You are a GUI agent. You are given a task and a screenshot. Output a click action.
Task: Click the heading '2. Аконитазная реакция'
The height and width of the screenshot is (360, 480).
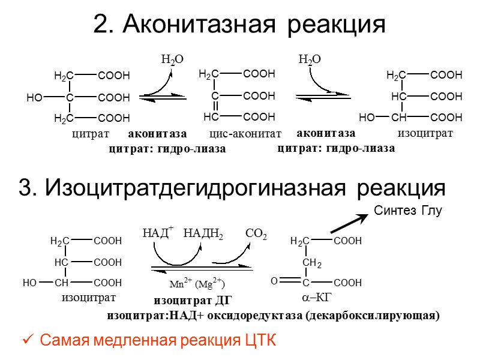click(239, 25)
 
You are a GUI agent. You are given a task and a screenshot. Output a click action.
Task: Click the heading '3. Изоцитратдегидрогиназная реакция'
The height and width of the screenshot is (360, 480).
click(232, 188)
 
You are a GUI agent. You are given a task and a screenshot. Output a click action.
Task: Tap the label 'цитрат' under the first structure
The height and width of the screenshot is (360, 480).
click(91, 134)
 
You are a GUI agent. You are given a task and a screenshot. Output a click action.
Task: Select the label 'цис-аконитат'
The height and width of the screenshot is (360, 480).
click(245, 134)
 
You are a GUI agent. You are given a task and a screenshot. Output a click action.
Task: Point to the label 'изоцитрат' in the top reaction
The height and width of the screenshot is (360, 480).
click(425, 133)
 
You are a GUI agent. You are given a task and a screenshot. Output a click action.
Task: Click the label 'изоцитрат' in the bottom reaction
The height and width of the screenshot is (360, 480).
click(88, 296)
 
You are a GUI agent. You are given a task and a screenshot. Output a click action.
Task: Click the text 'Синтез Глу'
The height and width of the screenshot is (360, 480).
click(408, 210)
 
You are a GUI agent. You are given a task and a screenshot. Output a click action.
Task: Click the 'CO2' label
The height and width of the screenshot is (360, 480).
click(256, 233)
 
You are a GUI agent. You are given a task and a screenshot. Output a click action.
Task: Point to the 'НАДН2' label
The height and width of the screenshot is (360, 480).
click(203, 233)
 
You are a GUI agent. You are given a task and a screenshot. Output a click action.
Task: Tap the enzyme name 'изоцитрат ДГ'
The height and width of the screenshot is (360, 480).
click(193, 301)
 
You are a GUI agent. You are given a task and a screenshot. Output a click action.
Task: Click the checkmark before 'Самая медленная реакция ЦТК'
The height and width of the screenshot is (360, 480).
click(28, 341)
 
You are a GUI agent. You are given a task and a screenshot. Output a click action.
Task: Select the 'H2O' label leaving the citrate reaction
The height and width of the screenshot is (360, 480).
click(172, 60)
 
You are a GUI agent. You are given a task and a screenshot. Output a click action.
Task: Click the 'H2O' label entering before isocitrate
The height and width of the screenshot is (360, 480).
click(310, 60)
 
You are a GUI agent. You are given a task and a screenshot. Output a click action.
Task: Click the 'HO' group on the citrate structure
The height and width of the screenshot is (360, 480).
click(34, 97)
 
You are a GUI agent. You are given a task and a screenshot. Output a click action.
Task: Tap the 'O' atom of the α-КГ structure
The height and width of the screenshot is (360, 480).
click(274, 280)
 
